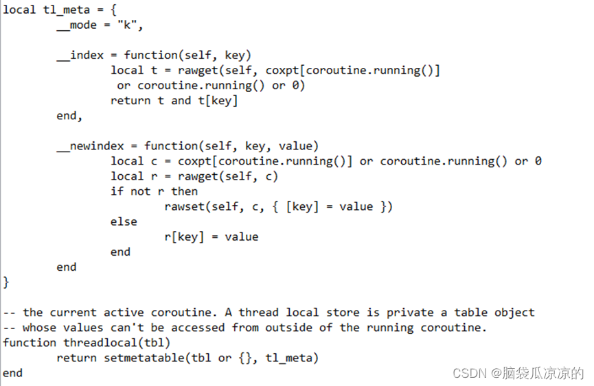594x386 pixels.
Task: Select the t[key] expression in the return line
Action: click(x=218, y=101)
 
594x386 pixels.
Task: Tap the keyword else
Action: click(x=124, y=221)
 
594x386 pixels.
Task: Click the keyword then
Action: click(x=184, y=191)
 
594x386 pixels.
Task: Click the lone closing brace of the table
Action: click(x=7, y=282)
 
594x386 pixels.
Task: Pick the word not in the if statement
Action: click(x=140, y=191)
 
